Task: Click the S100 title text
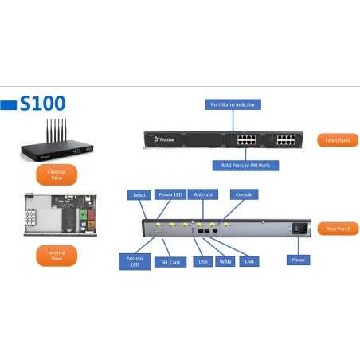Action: click(43, 104)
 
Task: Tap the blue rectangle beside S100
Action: click(9, 104)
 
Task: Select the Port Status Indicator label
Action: click(233, 104)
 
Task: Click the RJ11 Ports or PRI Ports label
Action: click(233, 166)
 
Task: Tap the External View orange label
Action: click(57, 175)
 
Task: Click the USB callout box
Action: click(202, 260)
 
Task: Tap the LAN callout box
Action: click(249, 260)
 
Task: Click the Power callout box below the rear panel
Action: click(299, 260)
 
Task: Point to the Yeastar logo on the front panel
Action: click(166, 139)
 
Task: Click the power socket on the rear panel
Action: click(300, 228)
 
